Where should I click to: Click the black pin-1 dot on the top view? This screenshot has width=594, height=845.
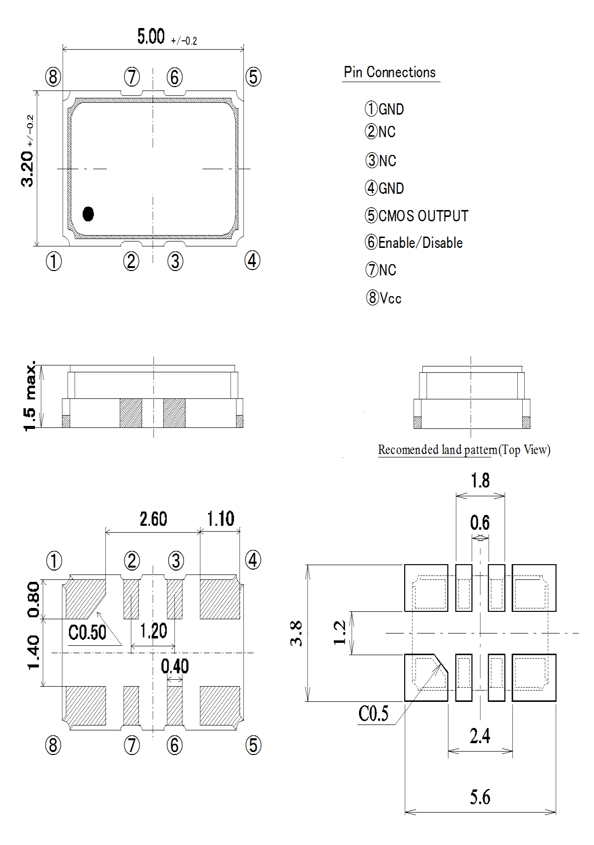tap(88, 213)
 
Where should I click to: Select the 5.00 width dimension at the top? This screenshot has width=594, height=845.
tap(151, 37)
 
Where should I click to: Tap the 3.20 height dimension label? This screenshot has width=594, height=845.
tap(28, 168)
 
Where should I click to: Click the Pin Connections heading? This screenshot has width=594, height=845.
tap(389, 72)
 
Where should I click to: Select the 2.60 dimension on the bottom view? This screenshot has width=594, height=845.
tap(153, 519)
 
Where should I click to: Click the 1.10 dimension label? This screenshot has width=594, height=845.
tap(220, 519)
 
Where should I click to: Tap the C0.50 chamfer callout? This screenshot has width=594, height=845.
tap(87, 633)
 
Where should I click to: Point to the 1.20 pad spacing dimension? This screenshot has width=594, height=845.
tap(153, 631)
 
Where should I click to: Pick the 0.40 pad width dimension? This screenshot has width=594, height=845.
tap(175, 666)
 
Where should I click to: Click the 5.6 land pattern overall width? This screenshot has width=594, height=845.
tap(479, 797)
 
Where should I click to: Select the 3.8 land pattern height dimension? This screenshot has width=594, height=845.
tap(296, 633)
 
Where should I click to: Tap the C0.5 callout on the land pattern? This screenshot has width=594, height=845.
tap(373, 713)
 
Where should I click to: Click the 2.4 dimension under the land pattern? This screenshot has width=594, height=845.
tap(479, 736)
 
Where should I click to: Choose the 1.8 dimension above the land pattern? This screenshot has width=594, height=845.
tap(480, 481)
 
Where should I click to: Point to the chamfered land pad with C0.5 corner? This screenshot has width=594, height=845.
tap(426, 677)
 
